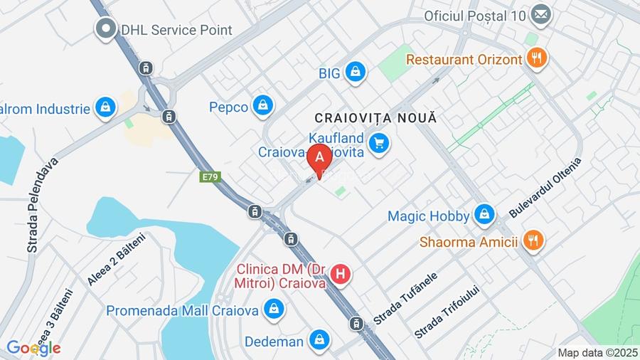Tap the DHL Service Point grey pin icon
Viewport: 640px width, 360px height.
click(x=107, y=29)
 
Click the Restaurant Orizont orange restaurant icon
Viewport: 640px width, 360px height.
click(x=537, y=58)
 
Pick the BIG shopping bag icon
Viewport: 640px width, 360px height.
click(x=355, y=71)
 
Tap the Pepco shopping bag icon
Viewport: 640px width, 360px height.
click(x=263, y=107)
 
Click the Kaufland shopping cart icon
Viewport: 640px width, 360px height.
click(x=380, y=143)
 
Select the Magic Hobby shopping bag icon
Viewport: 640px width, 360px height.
click(x=484, y=214)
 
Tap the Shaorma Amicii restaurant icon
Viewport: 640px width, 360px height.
click(x=532, y=241)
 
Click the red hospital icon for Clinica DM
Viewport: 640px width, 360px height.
click(x=341, y=274)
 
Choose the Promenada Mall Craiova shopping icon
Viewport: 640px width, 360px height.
click(x=273, y=309)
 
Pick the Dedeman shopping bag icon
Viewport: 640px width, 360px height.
click(x=319, y=340)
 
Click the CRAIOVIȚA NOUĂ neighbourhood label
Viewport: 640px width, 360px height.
click(x=375, y=117)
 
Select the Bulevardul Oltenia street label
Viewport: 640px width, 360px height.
click(x=545, y=187)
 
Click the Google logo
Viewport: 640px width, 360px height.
click(x=33, y=348)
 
